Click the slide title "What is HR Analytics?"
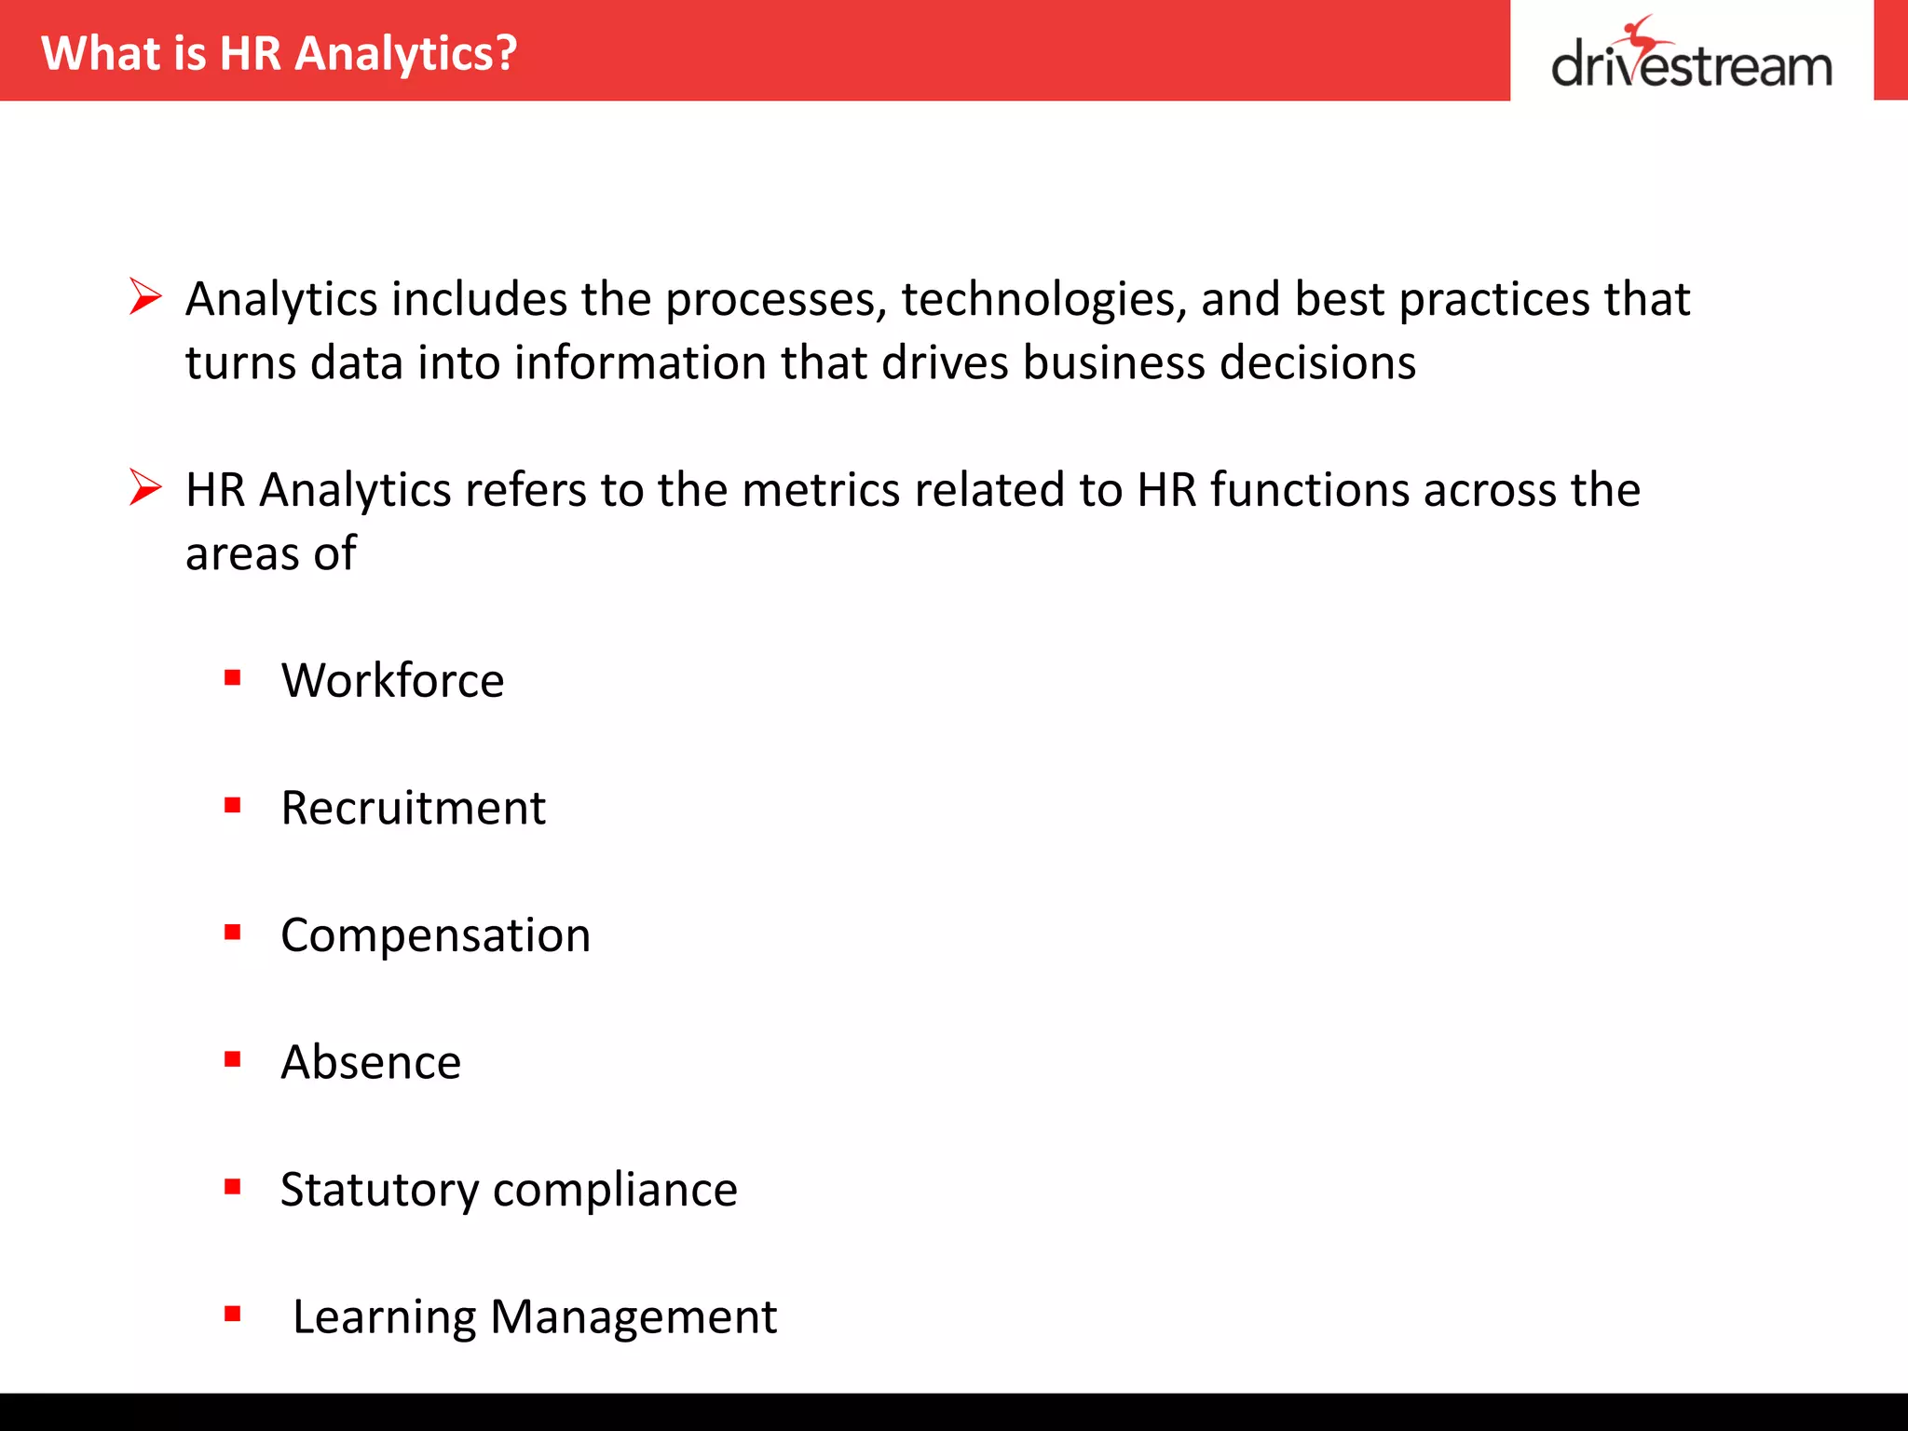[279, 53]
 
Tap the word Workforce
[392, 680]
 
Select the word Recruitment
[413, 808]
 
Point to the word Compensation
[435, 935]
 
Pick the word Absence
[371, 1062]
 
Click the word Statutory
[379, 1190]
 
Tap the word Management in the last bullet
[633, 1317]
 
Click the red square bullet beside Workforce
[233, 677]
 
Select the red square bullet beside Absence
[233, 1059]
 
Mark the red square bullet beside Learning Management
[233, 1315]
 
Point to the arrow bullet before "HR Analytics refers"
[145, 487]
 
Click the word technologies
[1043, 300]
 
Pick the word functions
[1309, 490]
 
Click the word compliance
[615, 1190]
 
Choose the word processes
[775, 300]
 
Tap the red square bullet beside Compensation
[233, 932]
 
